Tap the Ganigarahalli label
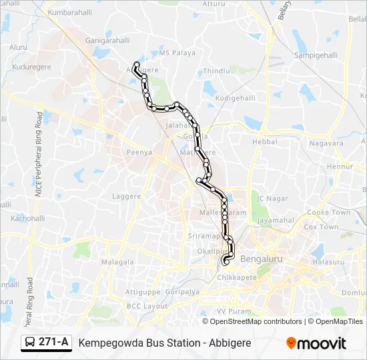point(107,41)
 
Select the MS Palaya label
point(177,53)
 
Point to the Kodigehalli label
point(236,98)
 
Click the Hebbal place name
point(264,142)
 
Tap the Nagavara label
point(326,143)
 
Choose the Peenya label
point(139,152)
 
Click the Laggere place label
point(127,197)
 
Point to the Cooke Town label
point(328,213)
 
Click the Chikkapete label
point(238,277)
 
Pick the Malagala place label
point(117,263)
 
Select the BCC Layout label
point(147,306)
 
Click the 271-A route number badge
point(54,342)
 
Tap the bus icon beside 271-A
point(31,343)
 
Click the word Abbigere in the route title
point(230,343)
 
